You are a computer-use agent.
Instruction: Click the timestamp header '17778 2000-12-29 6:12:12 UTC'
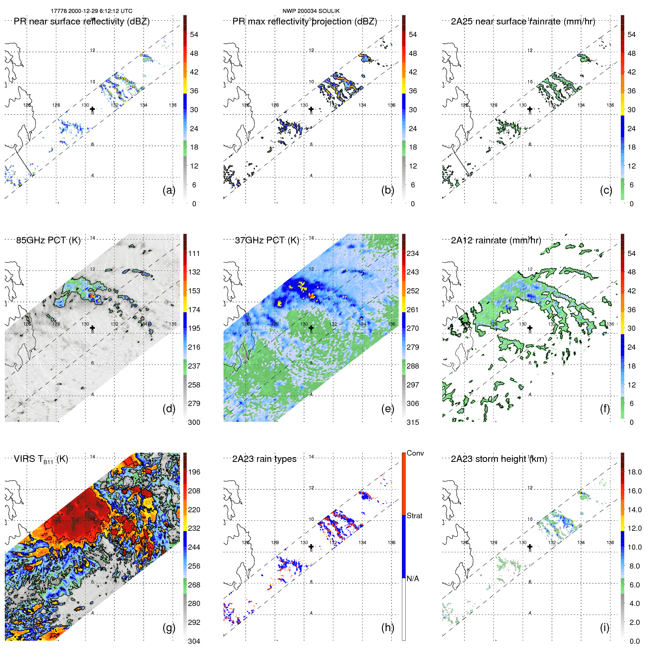(91, 11)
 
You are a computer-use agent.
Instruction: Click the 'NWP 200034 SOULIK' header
(311, 11)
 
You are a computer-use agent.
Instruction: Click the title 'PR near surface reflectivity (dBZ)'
(81, 21)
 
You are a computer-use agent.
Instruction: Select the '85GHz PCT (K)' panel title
(48, 240)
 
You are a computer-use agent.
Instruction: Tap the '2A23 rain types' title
(264, 459)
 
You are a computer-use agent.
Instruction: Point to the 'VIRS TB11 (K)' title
(41, 459)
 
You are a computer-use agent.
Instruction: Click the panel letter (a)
(169, 190)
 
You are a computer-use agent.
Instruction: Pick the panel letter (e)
(387, 409)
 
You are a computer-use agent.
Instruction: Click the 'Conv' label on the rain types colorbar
(415, 453)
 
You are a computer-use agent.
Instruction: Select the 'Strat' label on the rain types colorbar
(414, 516)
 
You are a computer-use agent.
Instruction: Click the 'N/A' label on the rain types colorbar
(413, 579)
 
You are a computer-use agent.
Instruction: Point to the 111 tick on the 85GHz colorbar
(194, 253)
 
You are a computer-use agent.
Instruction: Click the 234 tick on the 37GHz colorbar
(413, 253)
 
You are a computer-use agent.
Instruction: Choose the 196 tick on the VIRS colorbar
(194, 472)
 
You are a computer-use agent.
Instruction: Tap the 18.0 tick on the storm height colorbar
(634, 472)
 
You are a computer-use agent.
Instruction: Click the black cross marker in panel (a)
(92, 109)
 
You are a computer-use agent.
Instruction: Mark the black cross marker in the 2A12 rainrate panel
(530, 328)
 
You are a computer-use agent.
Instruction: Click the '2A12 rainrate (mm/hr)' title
(496, 240)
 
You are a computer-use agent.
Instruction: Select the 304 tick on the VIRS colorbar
(194, 641)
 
